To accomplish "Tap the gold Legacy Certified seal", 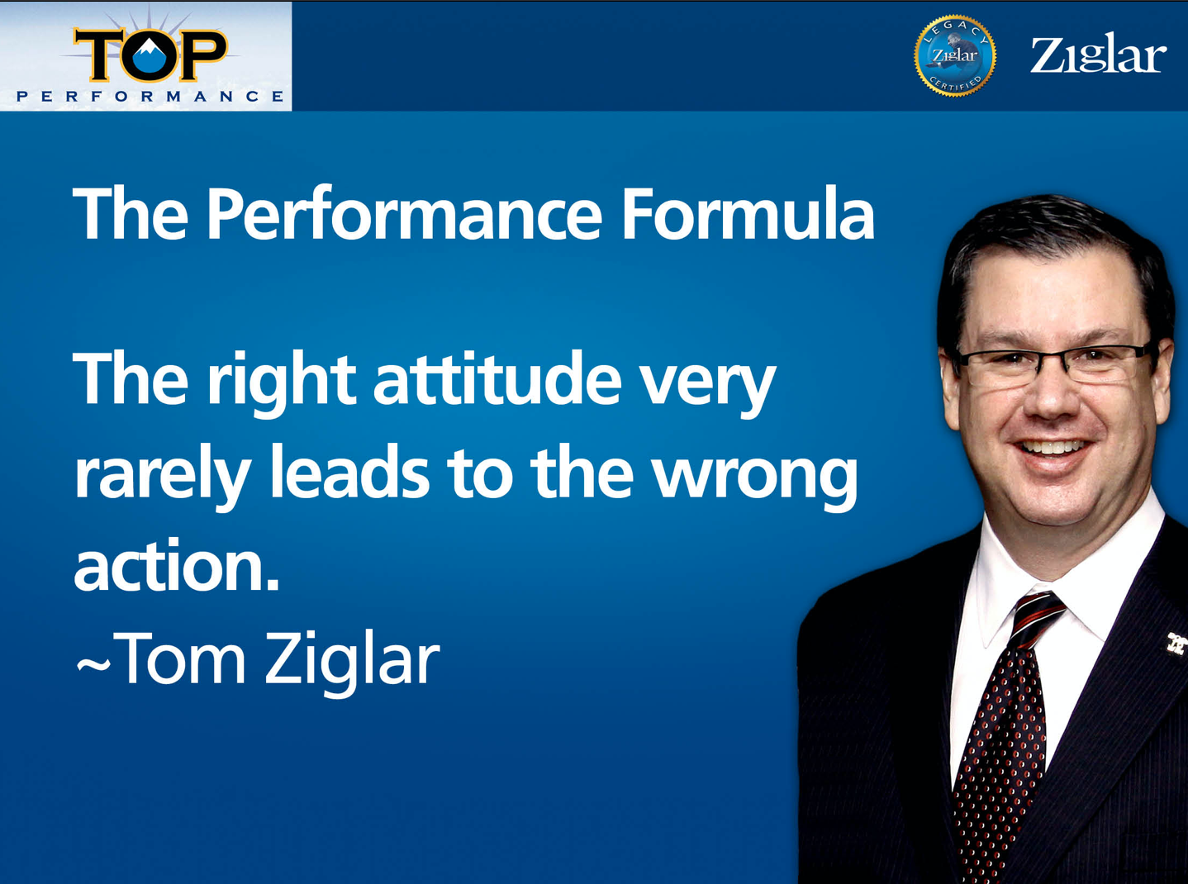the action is [x=955, y=55].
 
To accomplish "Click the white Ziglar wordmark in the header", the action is [x=1097, y=55].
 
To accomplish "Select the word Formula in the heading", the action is [x=748, y=214].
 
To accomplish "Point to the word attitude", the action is [x=497, y=378].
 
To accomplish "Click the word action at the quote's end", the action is [x=176, y=565].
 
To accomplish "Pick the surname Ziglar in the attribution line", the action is [x=353, y=663].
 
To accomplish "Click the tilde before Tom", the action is [x=93, y=664].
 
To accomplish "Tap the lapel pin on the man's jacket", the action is [x=1177, y=642].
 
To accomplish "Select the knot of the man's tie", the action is [x=1038, y=616].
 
